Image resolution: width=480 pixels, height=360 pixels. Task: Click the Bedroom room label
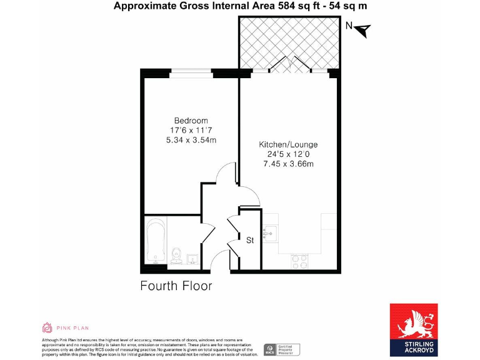click(x=191, y=120)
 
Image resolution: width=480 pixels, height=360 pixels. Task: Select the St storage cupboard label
click(x=250, y=239)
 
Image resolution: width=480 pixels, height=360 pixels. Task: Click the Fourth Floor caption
click(x=176, y=286)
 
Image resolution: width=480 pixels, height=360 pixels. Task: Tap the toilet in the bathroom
click(x=176, y=256)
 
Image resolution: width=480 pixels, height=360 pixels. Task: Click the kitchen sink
click(x=269, y=234)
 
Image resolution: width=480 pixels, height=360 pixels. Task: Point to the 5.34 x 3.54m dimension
click(x=191, y=140)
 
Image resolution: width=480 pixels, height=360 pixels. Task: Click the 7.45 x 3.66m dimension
click(x=288, y=164)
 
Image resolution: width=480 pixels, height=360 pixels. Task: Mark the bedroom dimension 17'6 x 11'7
click(x=191, y=130)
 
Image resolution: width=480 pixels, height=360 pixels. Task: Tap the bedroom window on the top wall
click(x=192, y=71)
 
